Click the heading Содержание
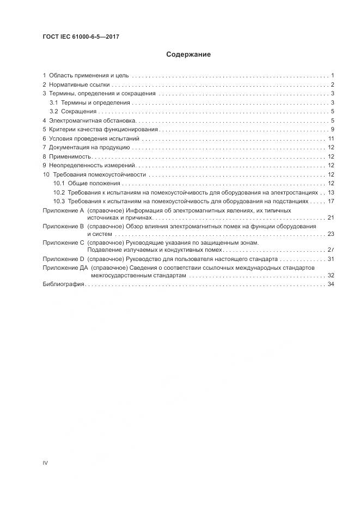(x=188, y=55)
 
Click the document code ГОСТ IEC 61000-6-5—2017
(x=81, y=37)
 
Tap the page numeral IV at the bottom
(x=45, y=462)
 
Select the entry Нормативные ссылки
(x=79, y=84)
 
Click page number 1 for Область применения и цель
(x=332, y=75)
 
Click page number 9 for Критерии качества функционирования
(x=332, y=129)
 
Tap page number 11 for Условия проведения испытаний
(x=330, y=138)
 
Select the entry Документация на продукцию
(x=89, y=147)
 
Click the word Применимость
(x=69, y=156)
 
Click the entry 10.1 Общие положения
(x=82, y=183)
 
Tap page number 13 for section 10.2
(x=330, y=192)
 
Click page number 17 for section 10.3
(x=330, y=201)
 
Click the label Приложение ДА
(x=65, y=268)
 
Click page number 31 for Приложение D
(x=330, y=259)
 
